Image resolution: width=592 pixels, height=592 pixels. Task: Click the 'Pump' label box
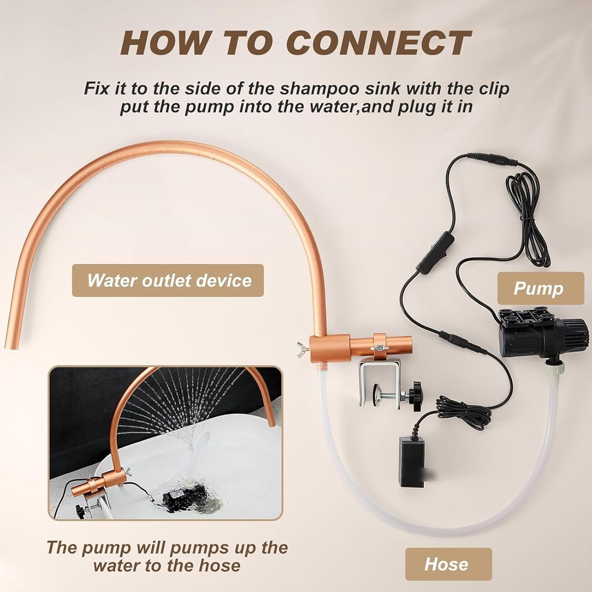click(x=540, y=288)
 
